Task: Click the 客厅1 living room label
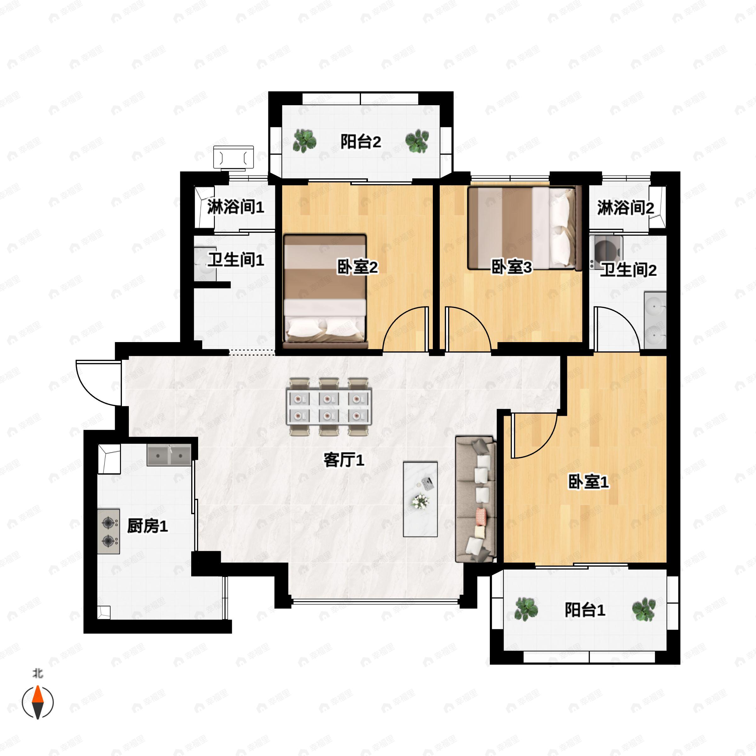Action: click(x=344, y=460)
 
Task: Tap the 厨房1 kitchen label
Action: click(x=147, y=526)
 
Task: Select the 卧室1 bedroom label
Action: click(x=588, y=482)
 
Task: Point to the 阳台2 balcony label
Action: click(x=360, y=141)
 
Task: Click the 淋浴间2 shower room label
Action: click(x=625, y=207)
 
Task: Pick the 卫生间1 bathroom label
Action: click(x=236, y=260)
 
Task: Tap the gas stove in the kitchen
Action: click(x=109, y=531)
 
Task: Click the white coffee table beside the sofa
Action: click(x=420, y=499)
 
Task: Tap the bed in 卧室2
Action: click(x=325, y=291)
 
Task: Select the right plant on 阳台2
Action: click(x=417, y=141)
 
